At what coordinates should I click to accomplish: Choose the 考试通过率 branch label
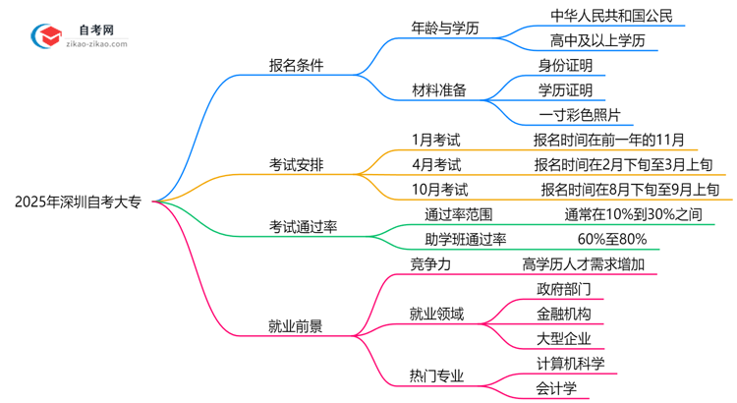coord(305,227)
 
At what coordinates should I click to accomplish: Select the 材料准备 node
coord(438,90)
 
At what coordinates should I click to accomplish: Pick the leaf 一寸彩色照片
coord(580,115)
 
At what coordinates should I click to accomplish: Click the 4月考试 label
coord(436,164)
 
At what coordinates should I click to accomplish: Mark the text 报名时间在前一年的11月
coord(609,140)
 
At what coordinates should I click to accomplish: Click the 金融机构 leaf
coord(563,314)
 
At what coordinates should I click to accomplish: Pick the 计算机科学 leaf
coord(571,363)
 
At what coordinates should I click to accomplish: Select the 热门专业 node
coord(436,375)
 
